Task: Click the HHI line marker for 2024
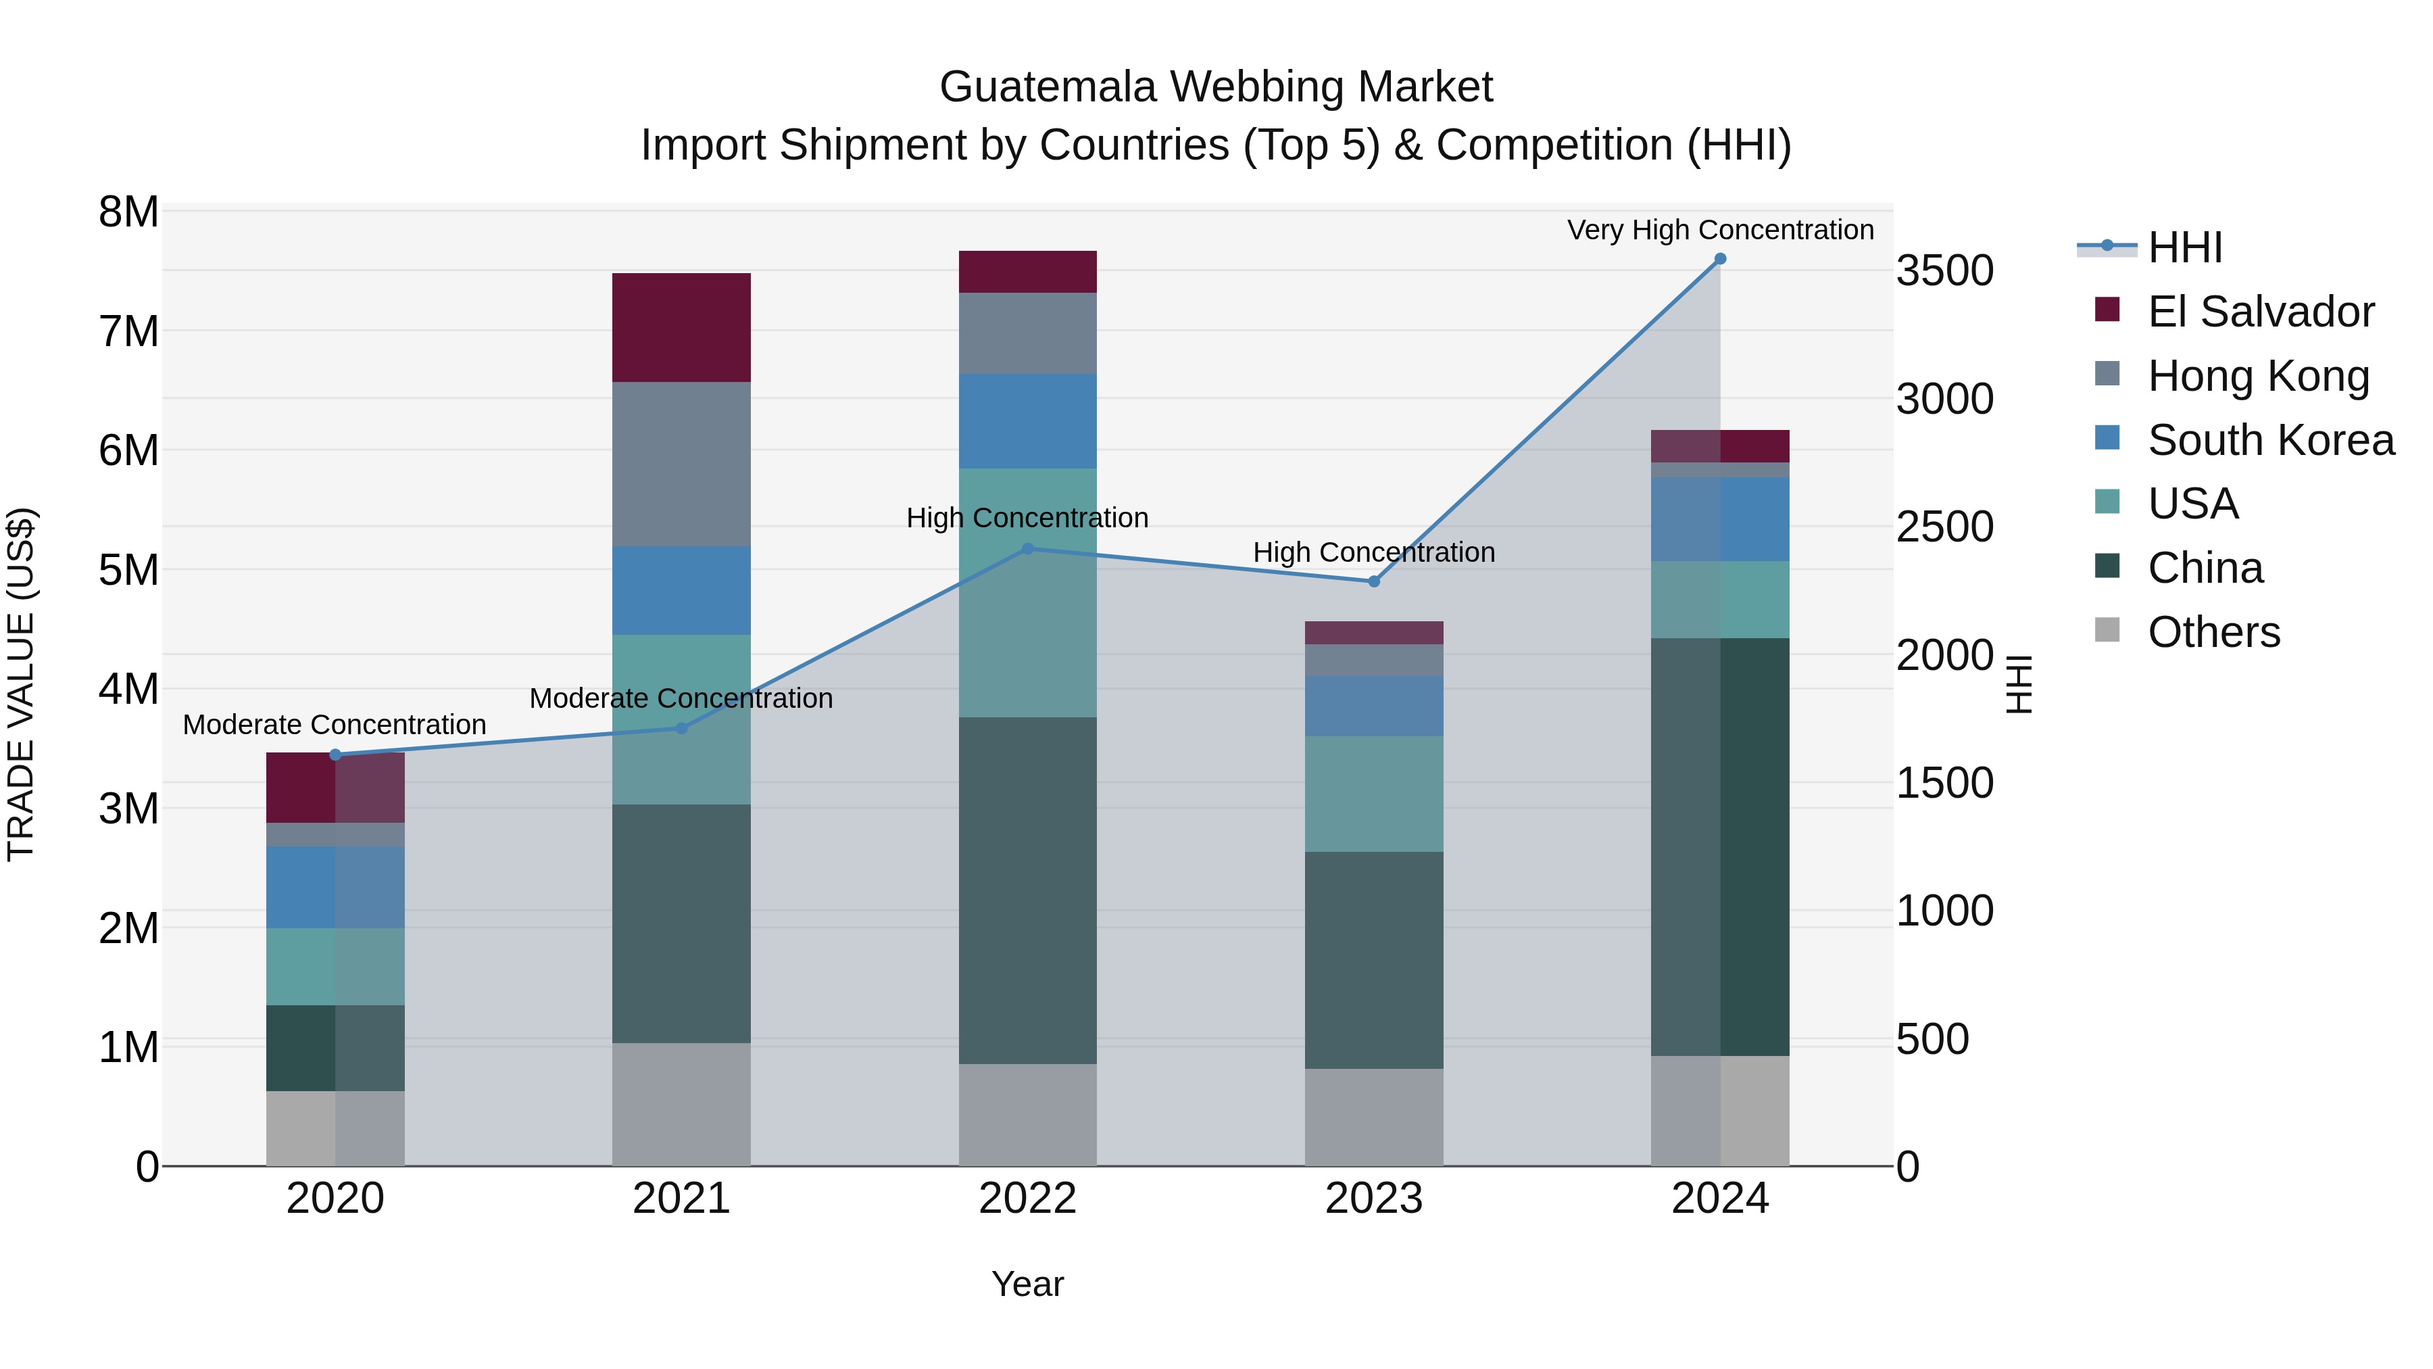tap(1720, 259)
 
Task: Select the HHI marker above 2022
tap(1027, 549)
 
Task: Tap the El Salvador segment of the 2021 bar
tap(681, 327)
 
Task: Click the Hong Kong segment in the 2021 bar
tap(681, 464)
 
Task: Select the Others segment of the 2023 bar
tap(1373, 1117)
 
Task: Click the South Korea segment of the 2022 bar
tap(1027, 421)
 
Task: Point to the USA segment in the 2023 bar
tap(1373, 794)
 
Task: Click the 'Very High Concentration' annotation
tap(1720, 230)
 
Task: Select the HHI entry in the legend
tap(2184, 247)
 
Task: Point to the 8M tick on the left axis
tap(128, 212)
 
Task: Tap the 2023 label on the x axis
tap(1373, 1199)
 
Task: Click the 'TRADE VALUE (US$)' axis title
tap(21, 684)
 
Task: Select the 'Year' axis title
tap(1027, 1284)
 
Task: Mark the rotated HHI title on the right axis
tap(2017, 684)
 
